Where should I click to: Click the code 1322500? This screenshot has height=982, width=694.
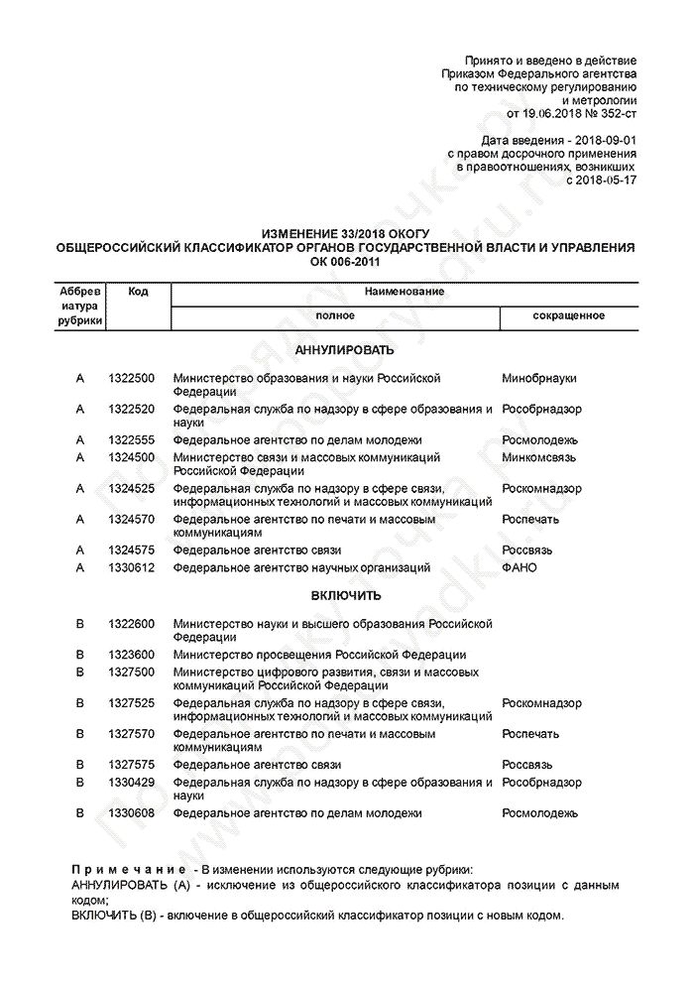pyautogui.click(x=131, y=378)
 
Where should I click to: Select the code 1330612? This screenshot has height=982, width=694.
pyautogui.click(x=131, y=567)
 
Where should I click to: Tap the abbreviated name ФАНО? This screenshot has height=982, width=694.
pyautogui.click(x=520, y=567)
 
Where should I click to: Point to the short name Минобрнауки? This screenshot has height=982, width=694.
pyautogui.click(x=539, y=378)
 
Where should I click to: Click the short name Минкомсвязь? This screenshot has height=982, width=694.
pyautogui.click(x=541, y=457)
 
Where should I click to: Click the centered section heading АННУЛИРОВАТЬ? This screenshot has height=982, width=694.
pyautogui.click(x=344, y=350)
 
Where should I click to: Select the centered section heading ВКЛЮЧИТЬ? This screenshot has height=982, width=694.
pyautogui.click(x=344, y=596)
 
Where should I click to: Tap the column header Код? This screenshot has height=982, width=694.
pyautogui.click(x=138, y=292)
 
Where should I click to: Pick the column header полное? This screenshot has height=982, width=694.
pyautogui.click(x=335, y=315)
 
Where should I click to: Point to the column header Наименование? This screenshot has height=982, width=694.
pyautogui.click(x=404, y=292)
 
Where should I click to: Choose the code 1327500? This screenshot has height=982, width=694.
pyautogui.click(x=131, y=672)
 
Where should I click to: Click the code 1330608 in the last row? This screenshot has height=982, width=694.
pyautogui.click(x=131, y=812)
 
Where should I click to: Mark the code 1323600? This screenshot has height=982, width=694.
pyautogui.click(x=131, y=655)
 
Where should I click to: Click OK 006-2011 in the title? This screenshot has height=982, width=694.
pyautogui.click(x=344, y=261)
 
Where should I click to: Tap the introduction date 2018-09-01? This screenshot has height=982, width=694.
pyautogui.click(x=594, y=141)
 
